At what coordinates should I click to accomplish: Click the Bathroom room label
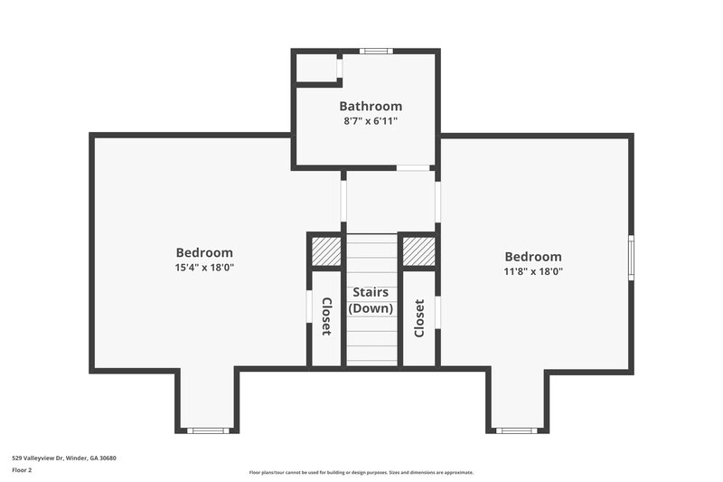[x=371, y=107]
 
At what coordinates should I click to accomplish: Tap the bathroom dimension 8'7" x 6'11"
[x=371, y=120]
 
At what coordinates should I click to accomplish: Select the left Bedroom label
[x=204, y=253]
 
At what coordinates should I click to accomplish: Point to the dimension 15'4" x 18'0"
[x=204, y=268]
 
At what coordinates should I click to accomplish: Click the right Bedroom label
[x=532, y=257]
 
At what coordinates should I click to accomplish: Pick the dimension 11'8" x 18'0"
[x=532, y=271]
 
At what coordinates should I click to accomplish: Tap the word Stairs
[x=371, y=292]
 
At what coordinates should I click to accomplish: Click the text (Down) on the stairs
[x=371, y=308]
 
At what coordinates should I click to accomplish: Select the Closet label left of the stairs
[x=326, y=317]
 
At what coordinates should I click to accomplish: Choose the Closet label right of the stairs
[x=419, y=317]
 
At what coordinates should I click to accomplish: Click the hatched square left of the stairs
[x=325, y=250]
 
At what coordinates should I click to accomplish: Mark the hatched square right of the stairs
[x=418, y=250]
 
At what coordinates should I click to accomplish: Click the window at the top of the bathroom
[x=374, y=51]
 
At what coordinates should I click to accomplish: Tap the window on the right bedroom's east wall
[x=631, y=258]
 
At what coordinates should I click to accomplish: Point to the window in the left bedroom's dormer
[x=207, y=430]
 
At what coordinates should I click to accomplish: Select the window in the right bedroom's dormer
[x=517, y=430]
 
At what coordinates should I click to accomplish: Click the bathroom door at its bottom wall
[x=414, y=167]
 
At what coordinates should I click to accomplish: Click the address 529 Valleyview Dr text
[x=63, y=458]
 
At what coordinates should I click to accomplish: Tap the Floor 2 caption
[x=22, y=470]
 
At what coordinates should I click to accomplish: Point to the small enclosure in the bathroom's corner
[x=315, y=68]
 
